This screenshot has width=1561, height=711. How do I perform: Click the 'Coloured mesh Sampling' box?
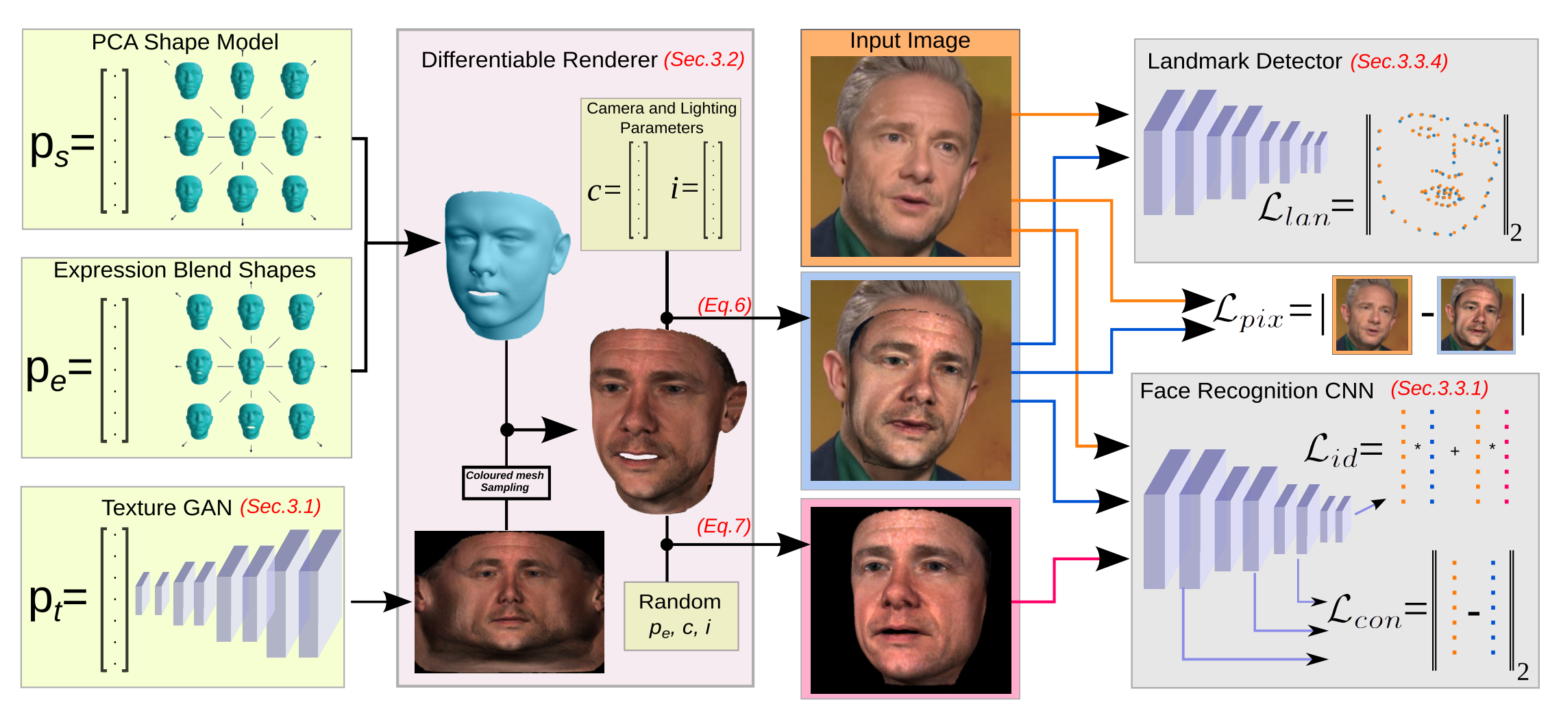(506, 482)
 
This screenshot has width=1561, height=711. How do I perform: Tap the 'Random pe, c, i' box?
(680, 615)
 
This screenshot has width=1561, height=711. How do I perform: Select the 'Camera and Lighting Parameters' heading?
(661, 118)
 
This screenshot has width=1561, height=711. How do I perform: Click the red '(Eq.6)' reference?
(724, 305)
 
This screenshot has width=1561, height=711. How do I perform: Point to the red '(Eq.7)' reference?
(724, 526)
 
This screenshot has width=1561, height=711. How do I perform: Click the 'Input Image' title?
(909, 41)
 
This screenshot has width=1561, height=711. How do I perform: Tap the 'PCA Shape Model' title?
(185, 42)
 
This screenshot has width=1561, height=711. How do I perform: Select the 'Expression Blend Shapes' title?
(184, 270)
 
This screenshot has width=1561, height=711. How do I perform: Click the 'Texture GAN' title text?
(167, 508)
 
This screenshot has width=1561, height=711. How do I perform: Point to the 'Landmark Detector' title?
(1244, 62)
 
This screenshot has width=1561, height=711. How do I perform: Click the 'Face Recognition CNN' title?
(1256, 390)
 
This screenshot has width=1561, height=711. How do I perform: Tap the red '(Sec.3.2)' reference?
(704, 60)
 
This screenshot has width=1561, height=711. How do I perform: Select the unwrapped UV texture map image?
(509, 601)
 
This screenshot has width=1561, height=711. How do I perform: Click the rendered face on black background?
(910, 600)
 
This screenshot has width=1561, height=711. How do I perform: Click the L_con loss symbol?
(1364, 611)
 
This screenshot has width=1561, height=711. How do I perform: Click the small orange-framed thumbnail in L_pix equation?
(1371, 315)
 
